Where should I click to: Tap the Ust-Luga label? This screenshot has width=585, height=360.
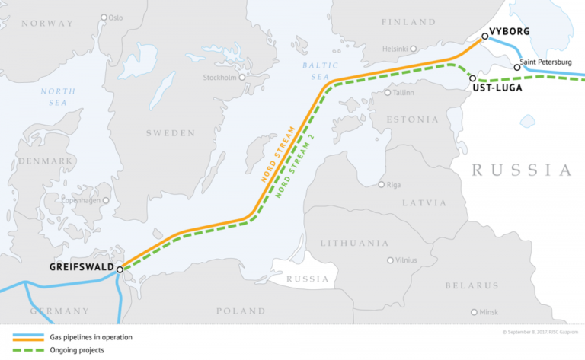[497, 88]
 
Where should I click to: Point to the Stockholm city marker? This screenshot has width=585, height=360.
[243, 77]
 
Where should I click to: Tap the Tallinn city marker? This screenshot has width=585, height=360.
[388, 93]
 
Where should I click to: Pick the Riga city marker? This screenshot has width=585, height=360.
[382, 184]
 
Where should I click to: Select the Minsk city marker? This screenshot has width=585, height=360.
[475, 312]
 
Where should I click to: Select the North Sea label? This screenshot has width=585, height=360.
[59, 97]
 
